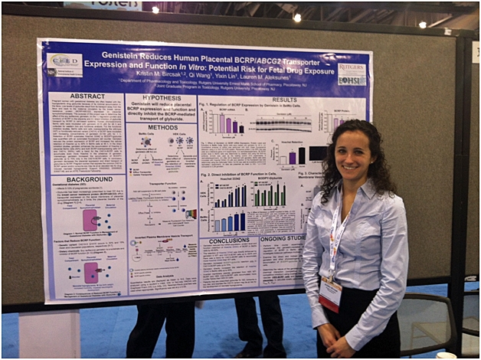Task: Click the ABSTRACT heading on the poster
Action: click(x=88, y=97)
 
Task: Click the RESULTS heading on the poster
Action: click(x=263, y=100)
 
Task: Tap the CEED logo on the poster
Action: click(x=64, y=61)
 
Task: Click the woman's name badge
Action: click(x=330, y=293)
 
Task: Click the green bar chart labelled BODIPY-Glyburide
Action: click(x=269, y=195)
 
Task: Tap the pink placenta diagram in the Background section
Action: click(x=91, y=221)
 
